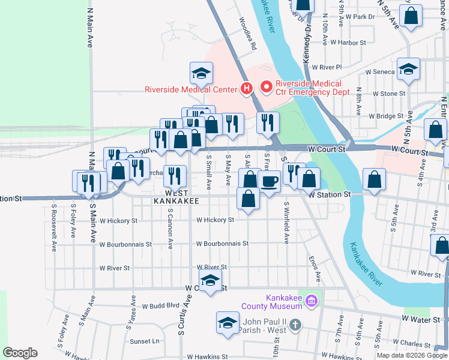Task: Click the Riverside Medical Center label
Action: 191,90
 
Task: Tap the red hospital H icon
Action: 246,89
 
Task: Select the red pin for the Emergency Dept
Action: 266,88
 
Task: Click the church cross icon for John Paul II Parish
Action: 295,325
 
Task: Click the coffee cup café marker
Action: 270,181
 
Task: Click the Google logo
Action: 20,352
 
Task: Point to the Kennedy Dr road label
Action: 309,34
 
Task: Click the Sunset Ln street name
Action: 145,341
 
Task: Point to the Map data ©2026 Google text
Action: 411,355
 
